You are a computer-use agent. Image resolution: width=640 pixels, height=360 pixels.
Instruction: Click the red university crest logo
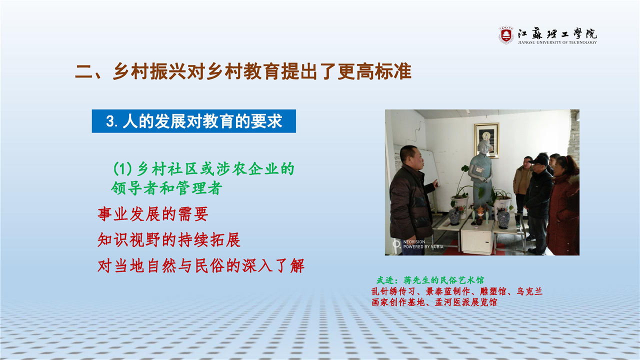coord(506,35)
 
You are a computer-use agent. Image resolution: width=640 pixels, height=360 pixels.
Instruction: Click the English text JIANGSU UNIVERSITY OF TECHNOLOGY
coord(557,42)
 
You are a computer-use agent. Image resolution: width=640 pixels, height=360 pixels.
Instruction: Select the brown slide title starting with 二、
coord(243,71)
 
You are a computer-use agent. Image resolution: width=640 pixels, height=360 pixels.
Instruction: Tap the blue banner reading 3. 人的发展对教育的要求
coord(193,121)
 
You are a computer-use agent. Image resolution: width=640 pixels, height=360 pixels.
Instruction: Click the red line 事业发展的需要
coord(153,214)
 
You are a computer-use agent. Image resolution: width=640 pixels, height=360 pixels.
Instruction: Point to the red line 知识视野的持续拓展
coord(169,239)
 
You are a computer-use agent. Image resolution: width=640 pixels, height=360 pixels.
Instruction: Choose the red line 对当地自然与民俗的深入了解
coord(201,265)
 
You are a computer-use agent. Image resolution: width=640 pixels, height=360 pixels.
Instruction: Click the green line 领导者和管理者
coord(166,188)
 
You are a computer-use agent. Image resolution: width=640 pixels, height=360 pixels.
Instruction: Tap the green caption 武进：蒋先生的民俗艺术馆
coord(430,280)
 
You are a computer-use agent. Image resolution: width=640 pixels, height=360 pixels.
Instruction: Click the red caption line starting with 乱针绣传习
coord(457,291)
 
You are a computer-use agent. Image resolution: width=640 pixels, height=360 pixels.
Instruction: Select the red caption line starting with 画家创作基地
coord(434,302)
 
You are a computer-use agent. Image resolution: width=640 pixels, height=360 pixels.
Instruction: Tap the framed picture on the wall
coord(486,140)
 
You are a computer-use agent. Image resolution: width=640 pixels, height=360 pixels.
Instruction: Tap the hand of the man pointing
coord(435,183)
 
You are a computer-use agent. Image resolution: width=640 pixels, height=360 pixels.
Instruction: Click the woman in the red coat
coord(563,205)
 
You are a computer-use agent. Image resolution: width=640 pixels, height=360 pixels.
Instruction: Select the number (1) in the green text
coord(123,169)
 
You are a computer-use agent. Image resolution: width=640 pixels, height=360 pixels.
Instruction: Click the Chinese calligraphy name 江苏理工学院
coord(557,33)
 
